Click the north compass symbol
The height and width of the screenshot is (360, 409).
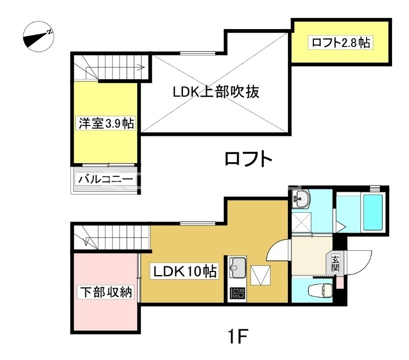pyautogui.click(x=39, y=36)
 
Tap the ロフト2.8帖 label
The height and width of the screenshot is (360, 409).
pyautogui.click(x=340, y=42)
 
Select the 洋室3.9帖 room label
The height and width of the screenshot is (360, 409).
pyautogui.click(x=106, y=123)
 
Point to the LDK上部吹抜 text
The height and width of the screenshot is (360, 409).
pyautogui.click(x=216, y=92)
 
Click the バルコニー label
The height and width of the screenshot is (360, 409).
pyautogui.click(x=105, y=179)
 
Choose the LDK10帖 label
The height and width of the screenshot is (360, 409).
pyautogui.click(x=185, y=272)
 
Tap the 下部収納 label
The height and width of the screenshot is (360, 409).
pyautogui.click(x=106, y=292)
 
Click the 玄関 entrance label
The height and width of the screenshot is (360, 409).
pyautogui.click(x=335, y=263)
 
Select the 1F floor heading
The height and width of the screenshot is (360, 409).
pyautogui.click(x=237, y=336)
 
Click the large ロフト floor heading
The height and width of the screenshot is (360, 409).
pyautogui.click(x=248, y=159)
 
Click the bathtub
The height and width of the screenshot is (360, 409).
pyautogui.click(x=373, y=212)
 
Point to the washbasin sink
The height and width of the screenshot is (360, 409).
pyautogui.click(x=300, y=199)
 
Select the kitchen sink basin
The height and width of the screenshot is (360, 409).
pyautogui.click(x=237, y=267)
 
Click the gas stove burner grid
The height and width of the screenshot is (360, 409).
pyautogui.click(x=237, y=294)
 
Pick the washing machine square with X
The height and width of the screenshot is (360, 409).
pyautogui.click(x=302, y=222)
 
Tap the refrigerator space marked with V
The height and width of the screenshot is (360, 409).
pyautogui.click(x=260, y=276)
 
